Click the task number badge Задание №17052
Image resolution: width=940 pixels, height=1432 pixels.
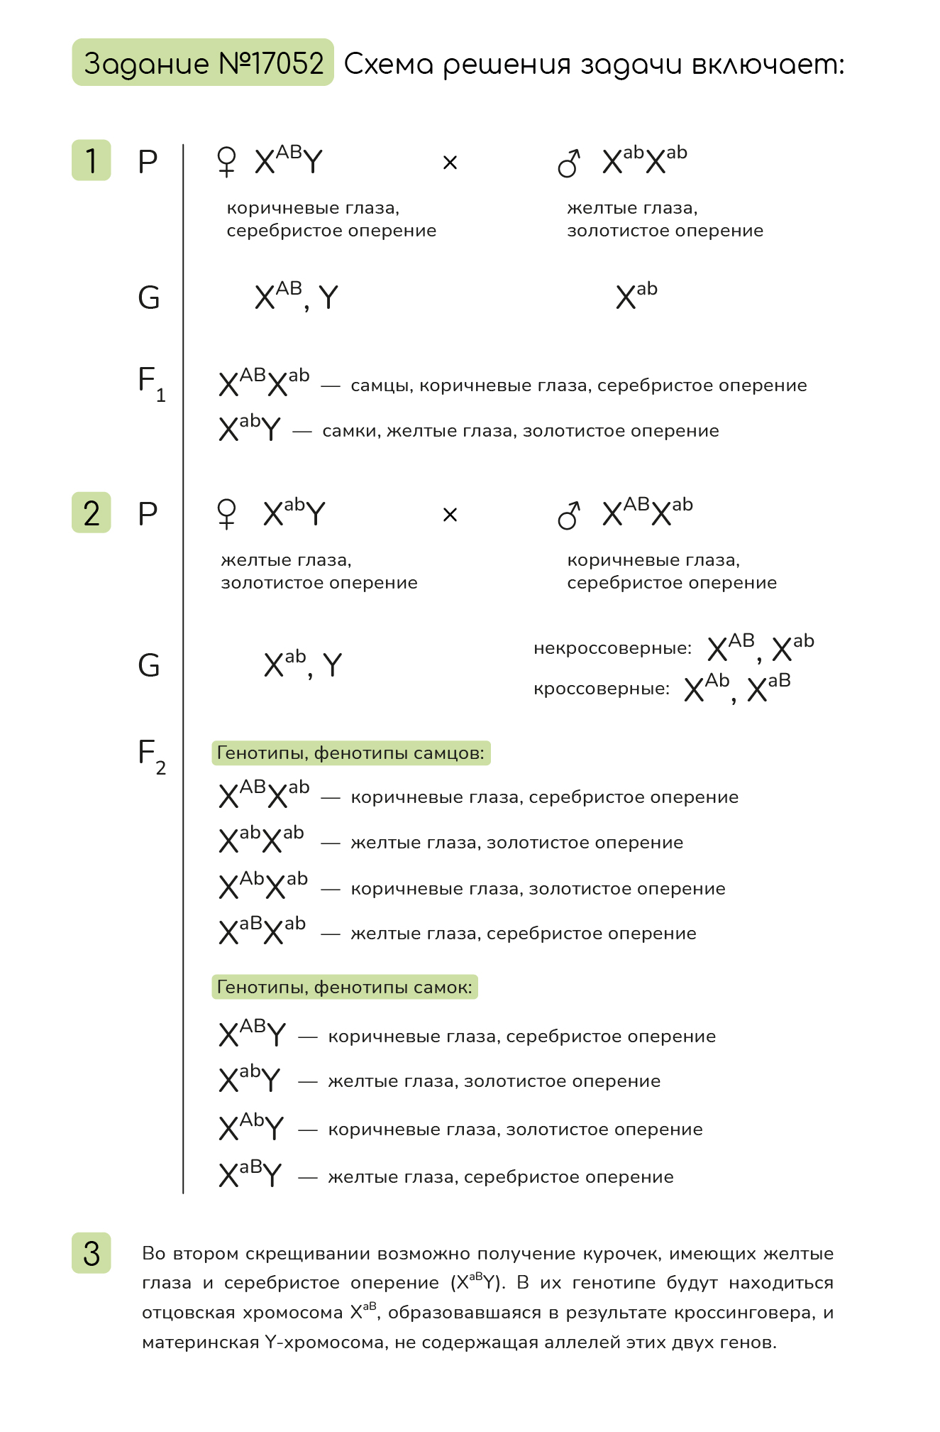203,63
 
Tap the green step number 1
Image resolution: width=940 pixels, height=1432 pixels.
92,160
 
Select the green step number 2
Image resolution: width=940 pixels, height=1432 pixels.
92,513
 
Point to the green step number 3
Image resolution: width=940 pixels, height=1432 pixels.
92,1253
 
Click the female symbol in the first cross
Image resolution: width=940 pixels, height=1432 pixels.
226,162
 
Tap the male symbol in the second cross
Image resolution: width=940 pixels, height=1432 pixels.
569,515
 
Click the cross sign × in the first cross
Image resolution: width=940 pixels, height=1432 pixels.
450,163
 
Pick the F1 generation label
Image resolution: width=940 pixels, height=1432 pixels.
151,383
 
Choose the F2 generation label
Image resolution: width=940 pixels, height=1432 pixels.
151,756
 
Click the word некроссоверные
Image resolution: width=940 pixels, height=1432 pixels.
612,648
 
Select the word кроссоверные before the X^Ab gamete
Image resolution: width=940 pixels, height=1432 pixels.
602,689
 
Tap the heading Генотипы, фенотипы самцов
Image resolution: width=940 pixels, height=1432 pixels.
351,753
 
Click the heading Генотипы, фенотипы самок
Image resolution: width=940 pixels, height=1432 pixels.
345,988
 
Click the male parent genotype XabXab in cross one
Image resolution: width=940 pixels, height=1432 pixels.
644,161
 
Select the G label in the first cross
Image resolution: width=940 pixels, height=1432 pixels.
149,297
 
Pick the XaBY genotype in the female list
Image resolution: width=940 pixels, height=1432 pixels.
250,1174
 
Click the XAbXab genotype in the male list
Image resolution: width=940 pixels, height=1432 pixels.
263,885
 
